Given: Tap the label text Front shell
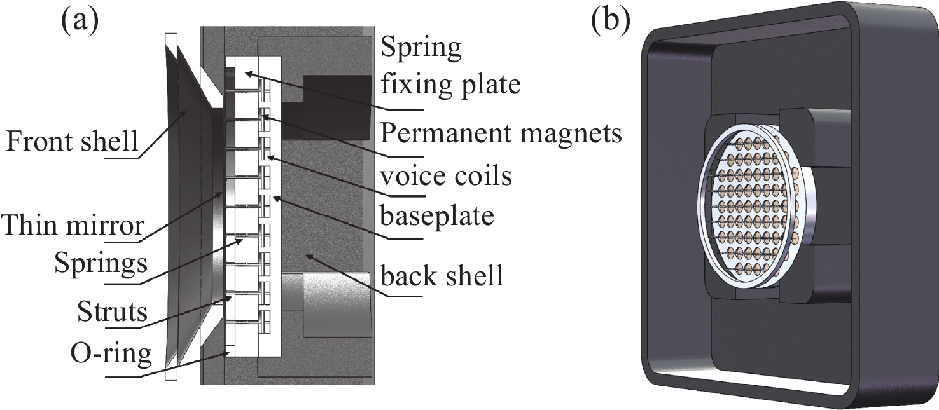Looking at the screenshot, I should (71, 141).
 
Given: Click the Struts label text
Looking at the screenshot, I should (112, 313).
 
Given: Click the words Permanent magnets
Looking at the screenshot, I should (500, 134).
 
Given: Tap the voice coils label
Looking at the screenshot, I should (445, 175).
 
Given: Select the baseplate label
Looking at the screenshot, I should (438, 217).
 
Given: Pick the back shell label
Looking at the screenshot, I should (442, 277).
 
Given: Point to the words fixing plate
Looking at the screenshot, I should (450, 84).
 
